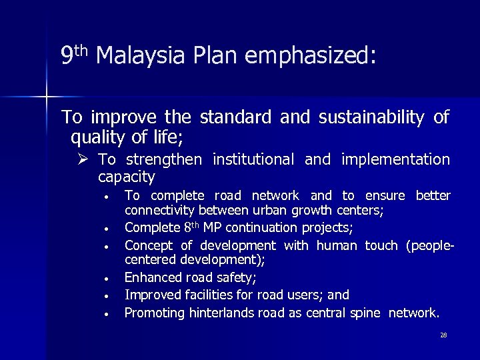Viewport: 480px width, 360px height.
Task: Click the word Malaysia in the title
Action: pyautogui.click(x=136, y=57)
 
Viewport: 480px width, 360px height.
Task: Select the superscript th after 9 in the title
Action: pyautogui.click(x=81, y=50)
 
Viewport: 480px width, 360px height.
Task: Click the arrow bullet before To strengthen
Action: pyautogui.click(x=83, y=160)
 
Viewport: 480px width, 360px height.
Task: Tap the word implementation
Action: pyautogui.click(x=395, y=159)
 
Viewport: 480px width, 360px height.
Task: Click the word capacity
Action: pyautogui.click(x=126, y=177)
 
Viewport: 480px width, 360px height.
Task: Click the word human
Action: pyautogui.click(x=337, y=246)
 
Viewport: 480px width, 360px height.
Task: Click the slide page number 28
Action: pyautogui.click(x=443, y=335)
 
